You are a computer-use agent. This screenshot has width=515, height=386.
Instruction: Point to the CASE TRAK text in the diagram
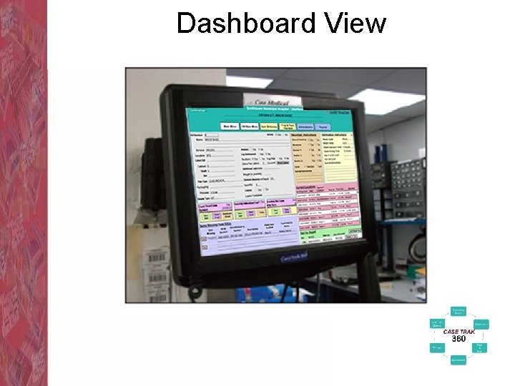click(458, 332)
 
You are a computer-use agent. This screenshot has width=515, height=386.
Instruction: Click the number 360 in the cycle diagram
click(458, 339)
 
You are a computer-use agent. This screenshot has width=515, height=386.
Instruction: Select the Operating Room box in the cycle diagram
click(458, 311)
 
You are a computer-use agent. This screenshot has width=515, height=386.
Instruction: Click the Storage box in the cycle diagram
click(436, 347)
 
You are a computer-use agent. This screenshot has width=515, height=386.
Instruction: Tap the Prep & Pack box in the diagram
click(481, 347)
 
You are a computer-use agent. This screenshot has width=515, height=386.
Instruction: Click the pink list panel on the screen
click(329, 210)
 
